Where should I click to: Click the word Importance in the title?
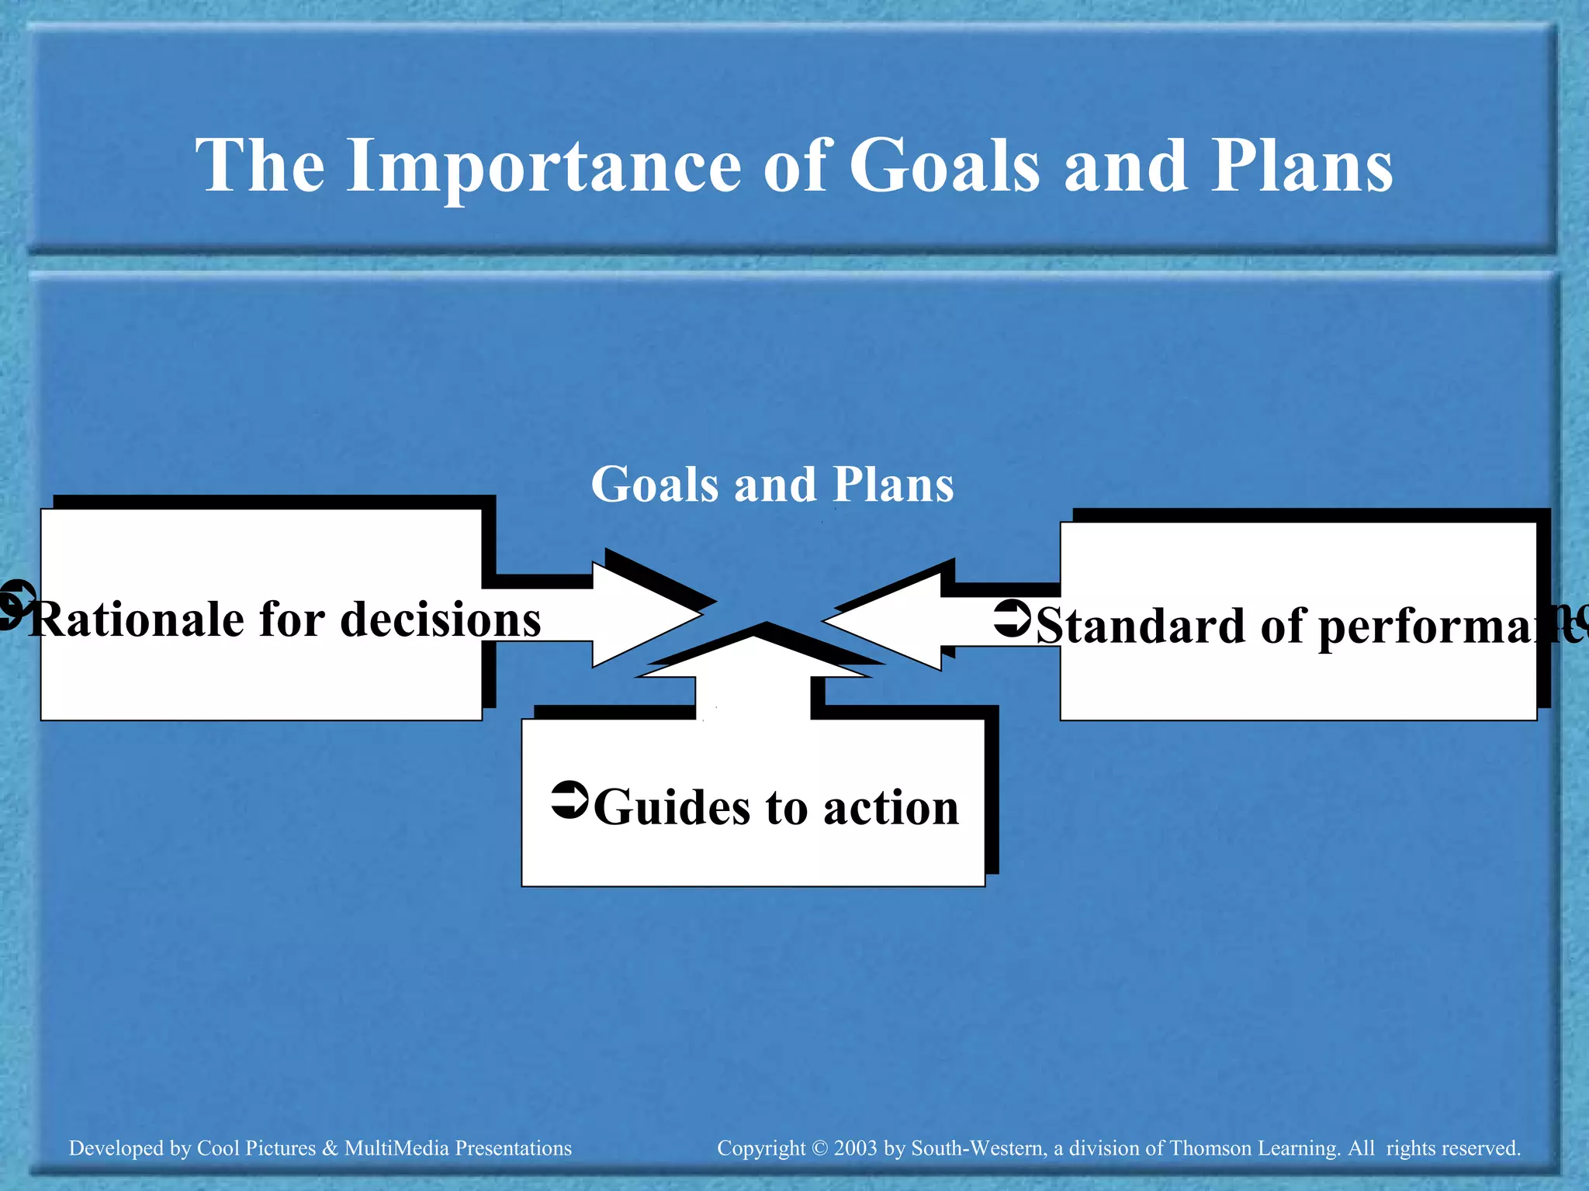point(543,167)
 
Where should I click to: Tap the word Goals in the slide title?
point(943,167)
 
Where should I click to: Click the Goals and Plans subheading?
point(772,485)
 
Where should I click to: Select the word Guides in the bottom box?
point(672,808)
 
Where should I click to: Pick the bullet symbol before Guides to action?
point(570,799)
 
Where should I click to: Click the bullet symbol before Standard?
point(1013,618)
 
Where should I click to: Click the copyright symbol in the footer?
point(820,1148)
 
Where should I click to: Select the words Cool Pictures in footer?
point(256,1148)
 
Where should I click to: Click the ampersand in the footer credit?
point(330,1148)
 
